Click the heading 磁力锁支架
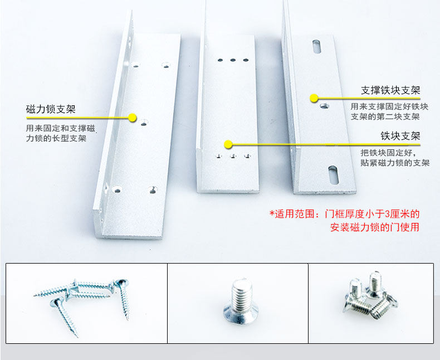[x=51, y=109]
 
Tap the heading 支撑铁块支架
[x=390, y=90]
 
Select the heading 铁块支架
[x=400, y=136]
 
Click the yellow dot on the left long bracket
[x=132, y=118]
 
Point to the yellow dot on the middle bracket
[x=228, y=144]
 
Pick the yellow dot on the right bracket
[x=314, y=98]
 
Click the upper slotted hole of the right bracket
[x=316, y=47]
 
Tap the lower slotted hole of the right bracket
[x=333, y=174]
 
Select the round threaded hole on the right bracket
[x=324, y=106]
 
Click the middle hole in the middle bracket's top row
[x=233, y=60]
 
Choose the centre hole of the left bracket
[x=144, y=123]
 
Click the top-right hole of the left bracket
[x=166, y=65]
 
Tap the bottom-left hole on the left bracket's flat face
[x=117, y=190]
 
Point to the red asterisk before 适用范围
[x=272, y=212]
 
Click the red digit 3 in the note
[x=387, y=214]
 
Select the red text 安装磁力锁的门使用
[x=375, y=227]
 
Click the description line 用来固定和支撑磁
[x=61, y=128]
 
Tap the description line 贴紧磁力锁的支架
[x=395, y=163]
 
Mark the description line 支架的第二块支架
[x=385, y=116]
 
